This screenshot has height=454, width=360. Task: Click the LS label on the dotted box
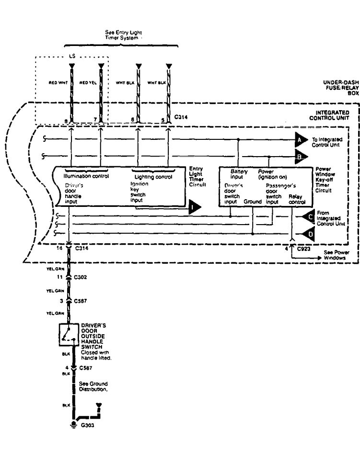click(x=72, y=56)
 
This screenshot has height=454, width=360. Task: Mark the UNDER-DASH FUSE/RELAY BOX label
click(x=341, y=87)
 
